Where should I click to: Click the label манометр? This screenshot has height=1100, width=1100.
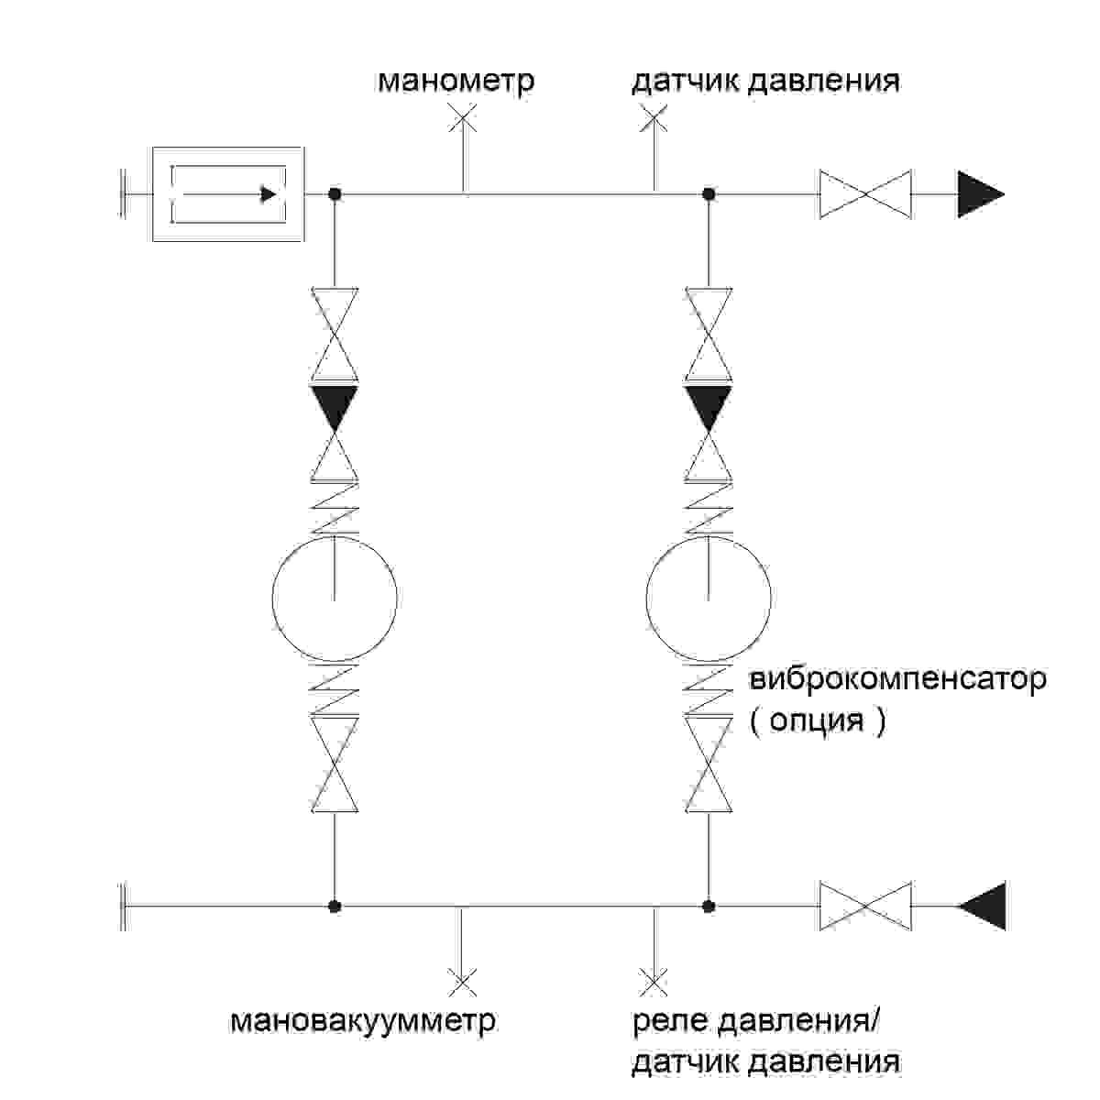[456, 81]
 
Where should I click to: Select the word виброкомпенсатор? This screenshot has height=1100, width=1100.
[897, 680]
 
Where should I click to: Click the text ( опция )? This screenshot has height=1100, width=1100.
[818, 720]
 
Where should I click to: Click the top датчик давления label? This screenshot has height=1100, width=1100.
[765, 81]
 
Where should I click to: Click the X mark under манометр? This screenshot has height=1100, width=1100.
[464, 118]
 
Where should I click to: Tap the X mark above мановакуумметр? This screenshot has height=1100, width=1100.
[461, 982]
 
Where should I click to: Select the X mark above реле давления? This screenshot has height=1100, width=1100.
[653, 982]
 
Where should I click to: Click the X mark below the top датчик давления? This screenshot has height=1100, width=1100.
[654, 118]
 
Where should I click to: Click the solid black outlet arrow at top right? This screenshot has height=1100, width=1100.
[979, 194]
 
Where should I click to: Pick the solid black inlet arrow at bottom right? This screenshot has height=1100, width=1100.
[984, 906]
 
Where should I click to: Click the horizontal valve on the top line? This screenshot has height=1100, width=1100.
[864, 194]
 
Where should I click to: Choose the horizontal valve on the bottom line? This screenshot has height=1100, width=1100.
[864, 906]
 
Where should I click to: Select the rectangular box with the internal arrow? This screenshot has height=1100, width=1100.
[227, 194]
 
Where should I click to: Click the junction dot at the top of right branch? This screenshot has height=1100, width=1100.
[708, 194]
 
